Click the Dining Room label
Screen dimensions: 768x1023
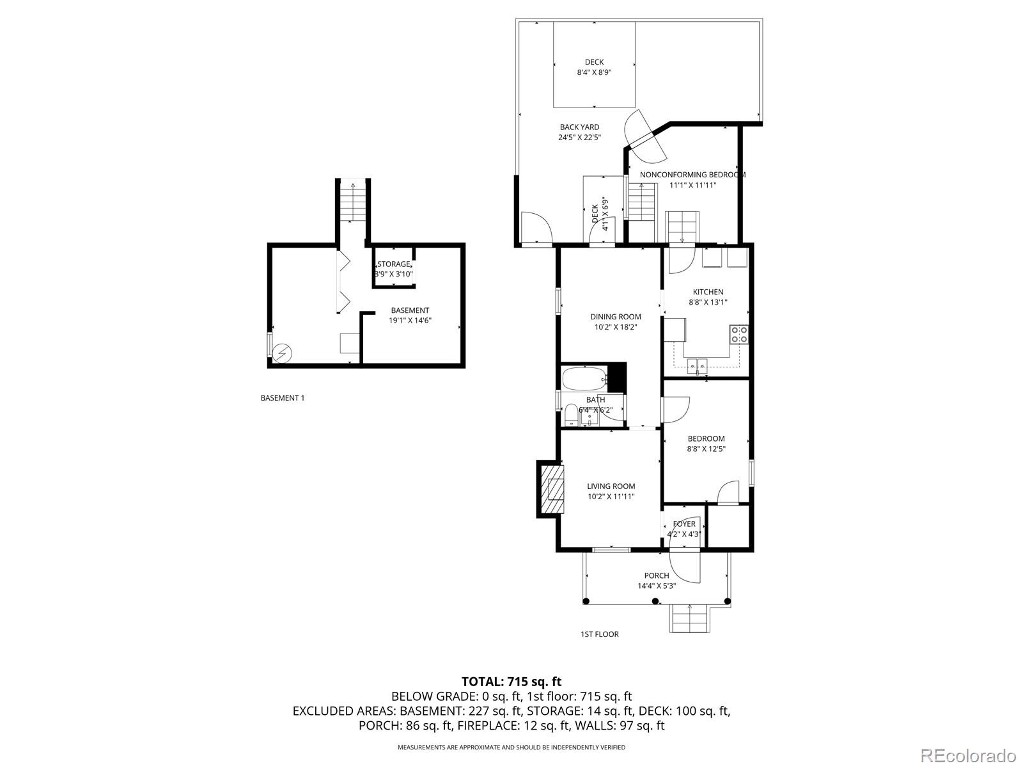pyautogui.click(x=615, y=316)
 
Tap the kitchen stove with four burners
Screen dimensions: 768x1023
pyautogui.click(x=738, y=334)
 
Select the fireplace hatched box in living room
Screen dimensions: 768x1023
pyautogui.click(x=554, y=490)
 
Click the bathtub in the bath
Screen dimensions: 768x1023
pyautogui.click(x=584, y=379)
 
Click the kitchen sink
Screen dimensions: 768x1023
pyautogui.click(x=697, y=367)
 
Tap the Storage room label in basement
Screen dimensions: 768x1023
pyautogui.click(x=393, y=264)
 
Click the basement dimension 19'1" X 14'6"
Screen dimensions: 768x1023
pyautogui.click(x=410, y=321)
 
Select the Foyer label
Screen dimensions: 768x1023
pyautogui.click(x=683, y=524)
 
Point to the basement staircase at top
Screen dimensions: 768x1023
pyautogui.click(x=353, y=200)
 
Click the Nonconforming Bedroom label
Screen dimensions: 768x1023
pyautogui.click(x=692, y=175)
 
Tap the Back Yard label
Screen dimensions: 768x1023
pyautogui.click(x=579, y=127)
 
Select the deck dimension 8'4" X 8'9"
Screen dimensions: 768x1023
pyautogui.click(x=594, y=73)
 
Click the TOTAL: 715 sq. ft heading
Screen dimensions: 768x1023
pyautogui.click(x=511, y=682)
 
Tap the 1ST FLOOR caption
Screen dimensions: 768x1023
pyautogui.click(x=599, y=634)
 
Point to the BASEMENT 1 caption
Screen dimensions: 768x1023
pyautogui.click(x=283, y=398)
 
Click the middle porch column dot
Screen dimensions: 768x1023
pyautogui.click(x=655, y=601)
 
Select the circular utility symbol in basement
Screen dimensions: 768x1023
pyautogui.click(x=282, y=353)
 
